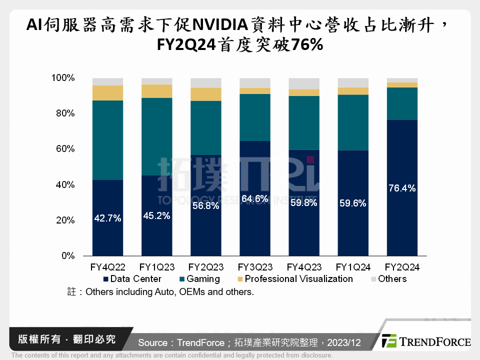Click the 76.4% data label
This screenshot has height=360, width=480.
402,188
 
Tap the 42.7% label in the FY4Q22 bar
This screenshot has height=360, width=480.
107,218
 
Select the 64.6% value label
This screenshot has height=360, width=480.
255,198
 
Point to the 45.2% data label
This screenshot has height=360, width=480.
156,215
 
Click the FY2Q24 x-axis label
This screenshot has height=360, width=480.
402,267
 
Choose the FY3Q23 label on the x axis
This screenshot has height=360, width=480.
255,267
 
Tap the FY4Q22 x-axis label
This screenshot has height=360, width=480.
107,267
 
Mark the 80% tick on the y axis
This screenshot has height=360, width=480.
62,113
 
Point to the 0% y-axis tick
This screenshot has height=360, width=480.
66,256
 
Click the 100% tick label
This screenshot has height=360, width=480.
62,78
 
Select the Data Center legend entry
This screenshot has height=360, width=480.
132,279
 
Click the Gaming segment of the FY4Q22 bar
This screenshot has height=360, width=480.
107,140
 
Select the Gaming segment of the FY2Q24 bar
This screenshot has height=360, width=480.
402,103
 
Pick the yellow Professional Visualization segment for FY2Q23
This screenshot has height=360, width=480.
206,94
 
